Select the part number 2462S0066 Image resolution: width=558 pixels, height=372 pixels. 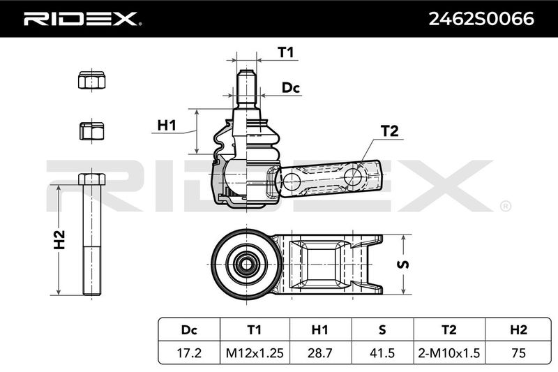[481, 19]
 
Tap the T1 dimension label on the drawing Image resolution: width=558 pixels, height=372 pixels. [285, 52]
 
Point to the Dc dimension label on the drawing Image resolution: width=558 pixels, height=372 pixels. [291, 87]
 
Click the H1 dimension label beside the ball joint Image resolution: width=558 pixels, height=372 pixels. [167, 126]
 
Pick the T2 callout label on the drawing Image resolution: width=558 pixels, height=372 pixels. [390, 131]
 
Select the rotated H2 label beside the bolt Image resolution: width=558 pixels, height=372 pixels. [59, 239]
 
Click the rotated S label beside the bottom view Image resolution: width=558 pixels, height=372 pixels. [403, 265]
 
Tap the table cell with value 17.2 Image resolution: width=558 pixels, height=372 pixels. [189, 352]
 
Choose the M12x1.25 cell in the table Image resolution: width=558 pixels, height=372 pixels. [255, 352]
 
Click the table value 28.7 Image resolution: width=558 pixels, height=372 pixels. [319, 352]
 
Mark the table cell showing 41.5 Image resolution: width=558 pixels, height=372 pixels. [382, 352]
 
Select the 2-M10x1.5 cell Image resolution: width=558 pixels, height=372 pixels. [449, 352]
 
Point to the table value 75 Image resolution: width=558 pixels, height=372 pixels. [518, 352]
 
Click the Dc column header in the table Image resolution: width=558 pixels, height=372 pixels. [189, 330]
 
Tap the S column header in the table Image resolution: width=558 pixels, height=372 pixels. [382, 330]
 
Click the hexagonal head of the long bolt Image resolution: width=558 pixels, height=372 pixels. [92, 179]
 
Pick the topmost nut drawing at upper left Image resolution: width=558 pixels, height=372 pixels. [92, 80]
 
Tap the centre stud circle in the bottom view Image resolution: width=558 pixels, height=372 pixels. [246, 264]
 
